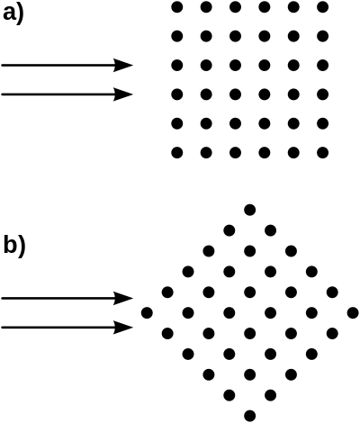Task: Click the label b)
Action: tap(13, 247)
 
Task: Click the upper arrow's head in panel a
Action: tap(123, 65)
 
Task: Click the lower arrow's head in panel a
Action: tap(123, 94)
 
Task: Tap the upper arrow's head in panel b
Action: tap(123, 298)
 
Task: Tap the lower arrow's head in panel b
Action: tap(123, 328)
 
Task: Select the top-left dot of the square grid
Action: tap(177, 7)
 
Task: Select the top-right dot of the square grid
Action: tap(323, 7)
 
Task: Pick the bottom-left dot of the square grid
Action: tap(177, 152)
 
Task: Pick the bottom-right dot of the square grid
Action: tap(323, 152)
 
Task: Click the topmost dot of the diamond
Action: tap(250, 210)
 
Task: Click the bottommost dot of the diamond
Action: tap(250, 416)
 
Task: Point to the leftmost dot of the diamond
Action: tap(147, 313)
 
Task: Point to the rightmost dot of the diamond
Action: tap(353, 313)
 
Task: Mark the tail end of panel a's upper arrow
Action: tap(2, 65)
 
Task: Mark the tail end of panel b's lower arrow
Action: tap(2, 328)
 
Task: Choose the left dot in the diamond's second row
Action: tap(229, 230)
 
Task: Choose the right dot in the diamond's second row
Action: tap(271, 230)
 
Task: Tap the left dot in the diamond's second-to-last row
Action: tap(229, 395)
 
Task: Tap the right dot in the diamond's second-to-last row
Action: tap(271, 395)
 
